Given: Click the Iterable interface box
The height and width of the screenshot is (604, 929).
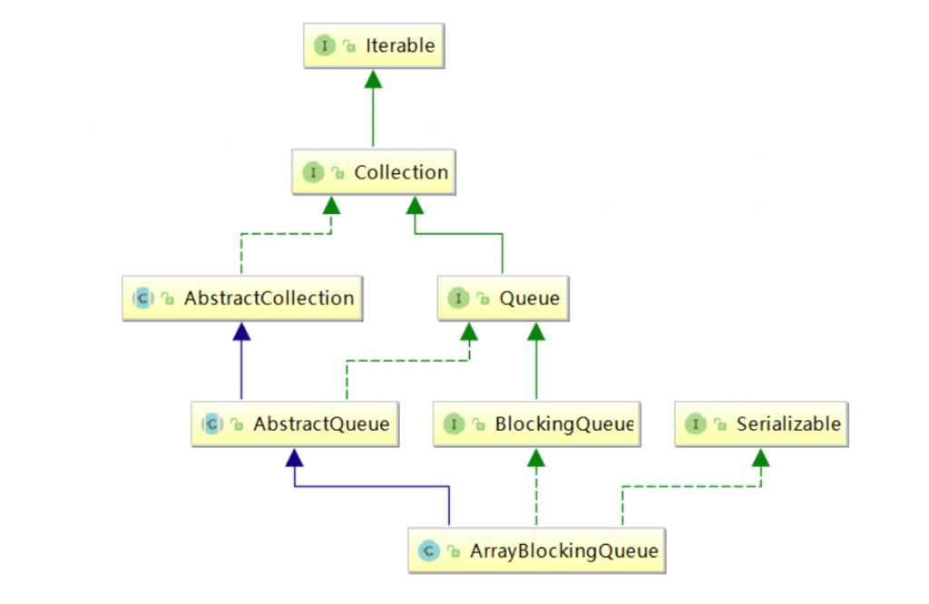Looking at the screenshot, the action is click(x=374, y=45).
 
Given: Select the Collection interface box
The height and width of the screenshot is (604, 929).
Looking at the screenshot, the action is click(x=374, y=172).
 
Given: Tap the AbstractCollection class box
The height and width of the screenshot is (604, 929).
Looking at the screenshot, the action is click(x=242, y=298).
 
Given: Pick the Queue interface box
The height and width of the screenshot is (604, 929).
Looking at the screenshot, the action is click(x=503, y=298).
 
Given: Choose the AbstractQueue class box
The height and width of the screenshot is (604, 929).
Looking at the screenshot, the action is click(x=295, y=424).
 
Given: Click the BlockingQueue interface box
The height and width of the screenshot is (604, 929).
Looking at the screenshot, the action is click(x=537, y=424).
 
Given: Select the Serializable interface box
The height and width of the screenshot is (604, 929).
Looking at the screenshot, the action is click(x=761, y=424).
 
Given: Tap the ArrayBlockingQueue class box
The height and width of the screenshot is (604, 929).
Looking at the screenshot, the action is click(x=537, y=550).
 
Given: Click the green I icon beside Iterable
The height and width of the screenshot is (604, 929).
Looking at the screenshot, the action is click(x=325, y=45).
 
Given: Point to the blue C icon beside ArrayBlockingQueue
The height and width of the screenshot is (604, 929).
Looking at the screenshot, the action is click(x=428, y=551).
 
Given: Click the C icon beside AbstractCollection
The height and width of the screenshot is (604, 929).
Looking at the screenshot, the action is click(x=142, y=298).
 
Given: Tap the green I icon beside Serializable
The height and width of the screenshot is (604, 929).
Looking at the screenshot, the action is click(x=696, y=424).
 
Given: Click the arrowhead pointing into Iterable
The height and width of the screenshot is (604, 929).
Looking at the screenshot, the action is click(x=373, y=79).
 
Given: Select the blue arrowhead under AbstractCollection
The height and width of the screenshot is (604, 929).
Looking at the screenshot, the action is click(x=241, y=332).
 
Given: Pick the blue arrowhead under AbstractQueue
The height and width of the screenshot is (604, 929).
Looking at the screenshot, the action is click(x=295, y=458).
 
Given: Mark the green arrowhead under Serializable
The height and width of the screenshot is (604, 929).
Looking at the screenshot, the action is click(x=761, y=458).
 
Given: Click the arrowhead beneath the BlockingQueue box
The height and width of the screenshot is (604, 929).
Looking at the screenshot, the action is click(x=536, y=458).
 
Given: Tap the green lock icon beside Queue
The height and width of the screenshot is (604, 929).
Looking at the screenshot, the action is click(x=484, y=299).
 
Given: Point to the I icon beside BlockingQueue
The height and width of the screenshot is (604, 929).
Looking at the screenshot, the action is click(x=454, y=424).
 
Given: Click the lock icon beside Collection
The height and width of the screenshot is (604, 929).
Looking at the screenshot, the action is click(x=338, y=173).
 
